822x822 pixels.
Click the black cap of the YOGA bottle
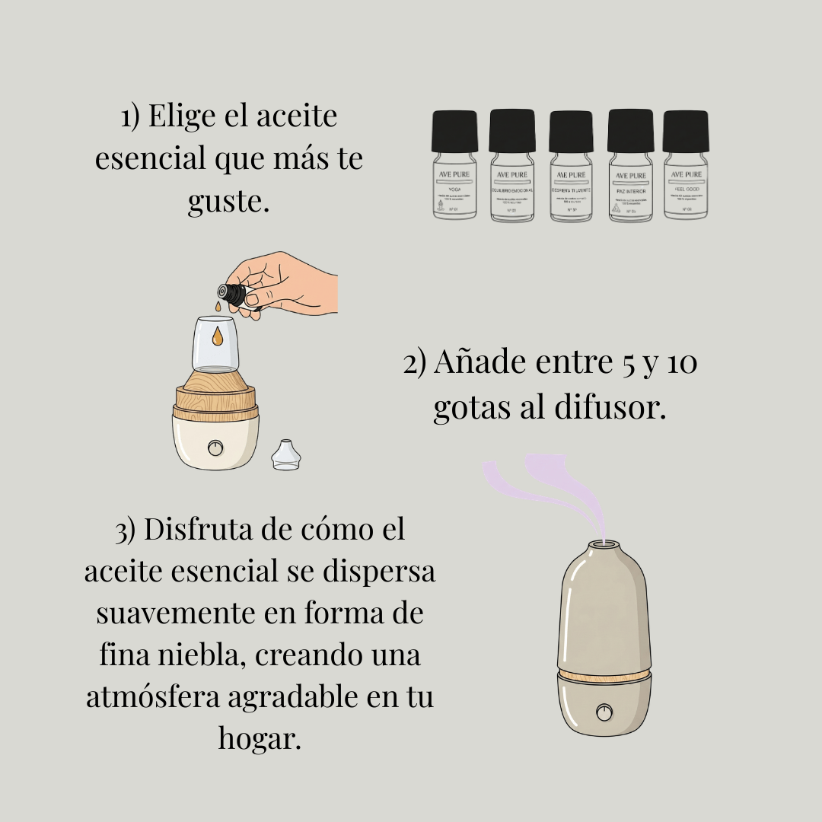click(454, 131)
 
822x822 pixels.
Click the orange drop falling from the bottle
click(218, 306)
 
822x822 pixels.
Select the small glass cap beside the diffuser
click(286, 454)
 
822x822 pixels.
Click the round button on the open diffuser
click(216, 447)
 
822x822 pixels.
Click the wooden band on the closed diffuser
click(604, 677)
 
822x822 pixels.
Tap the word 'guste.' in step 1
click(228, 202)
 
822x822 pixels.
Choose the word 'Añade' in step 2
click(479, 363)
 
